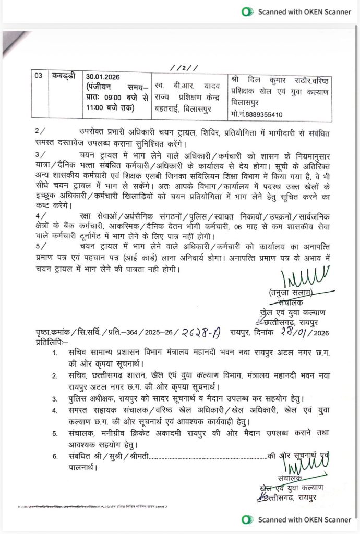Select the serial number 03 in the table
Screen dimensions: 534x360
[x=39, y=76]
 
